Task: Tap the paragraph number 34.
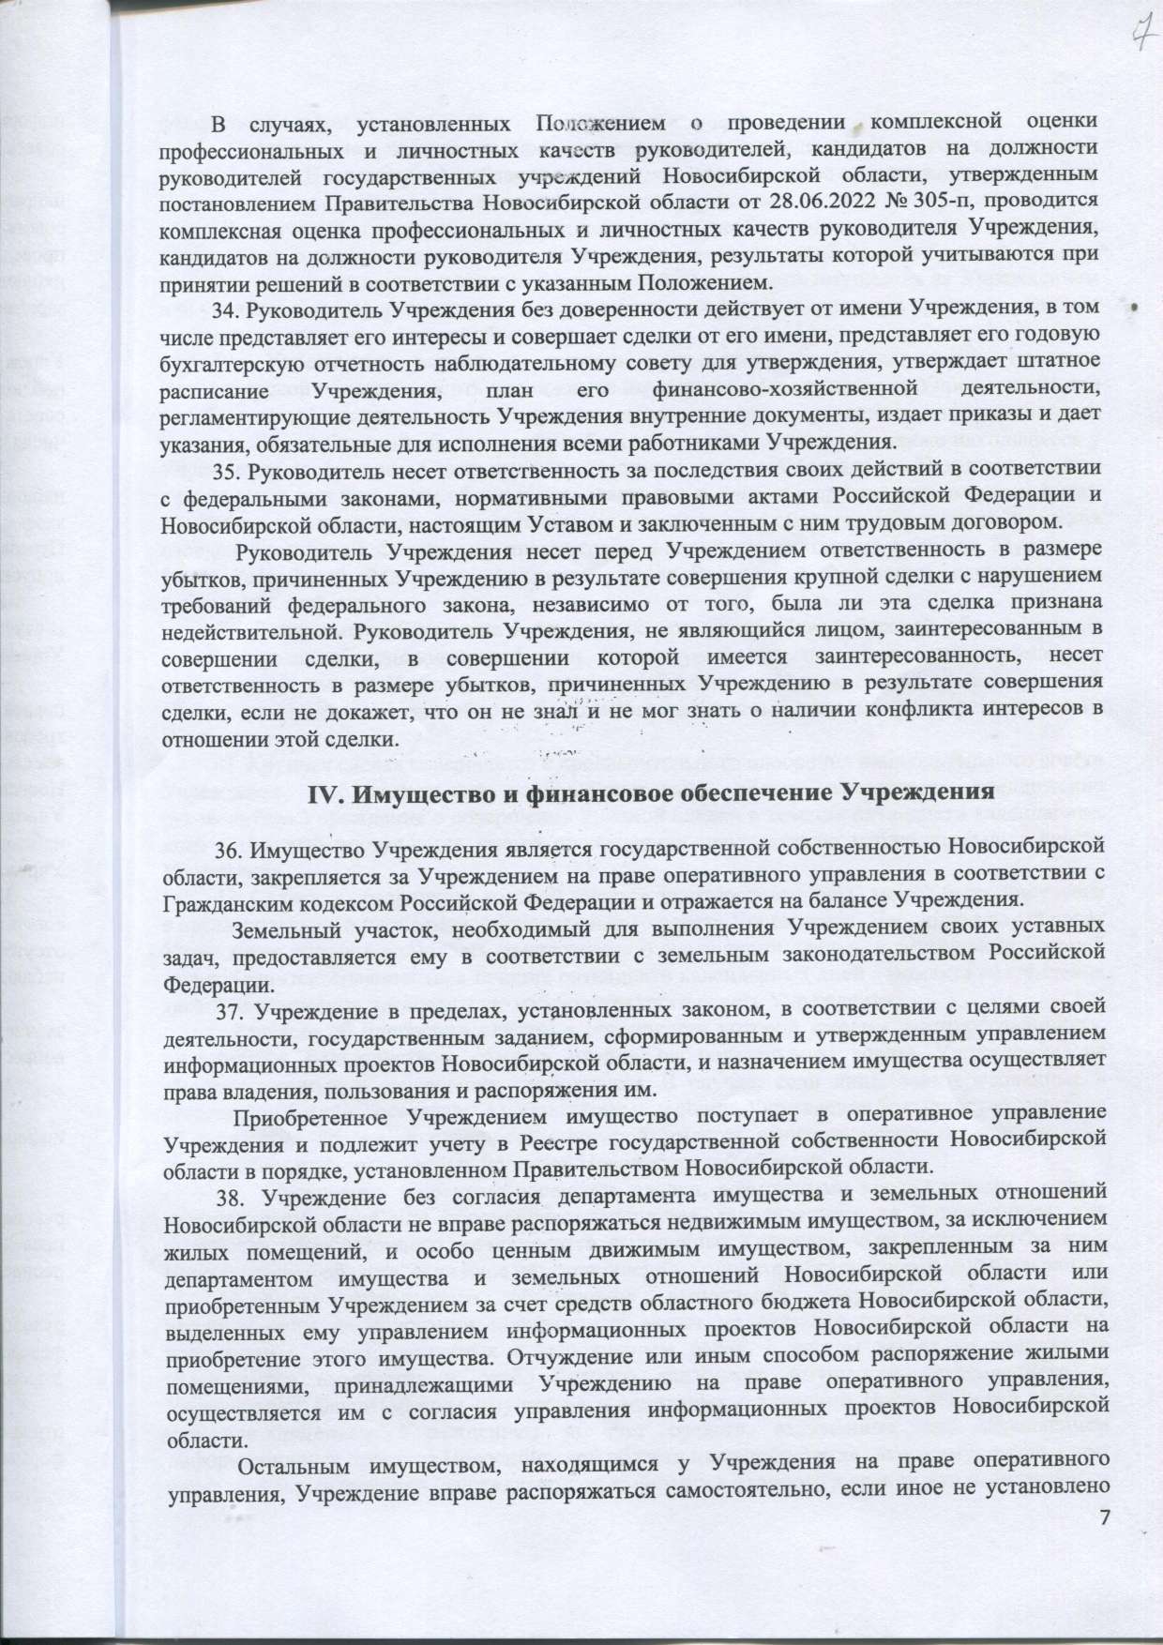[228, 306]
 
